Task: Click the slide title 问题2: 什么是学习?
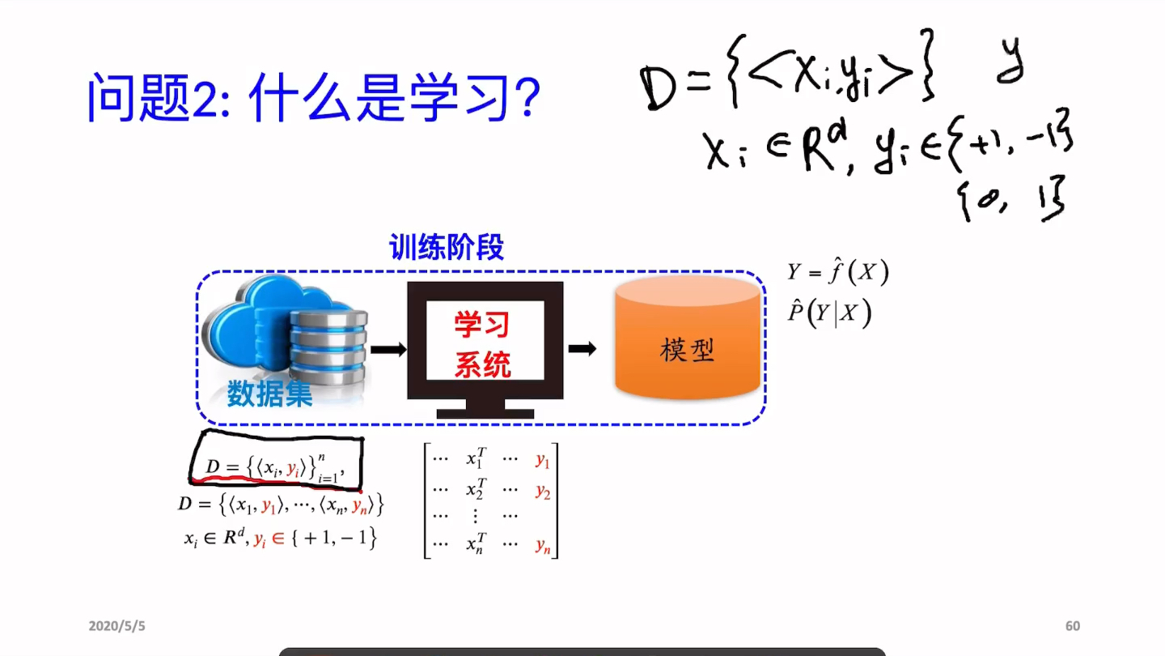[x=313, y=99]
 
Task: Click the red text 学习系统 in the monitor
[x=482, y=346]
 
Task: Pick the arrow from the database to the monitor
[x=388, y=349]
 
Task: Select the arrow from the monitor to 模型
[x=582, y=348]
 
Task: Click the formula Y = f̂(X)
[x=838, y=272]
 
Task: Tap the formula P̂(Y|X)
[x=829, y=313]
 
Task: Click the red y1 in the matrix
[x=542, y=461]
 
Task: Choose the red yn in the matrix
[x=542, y=546]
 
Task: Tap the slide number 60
[x=1072, y=626]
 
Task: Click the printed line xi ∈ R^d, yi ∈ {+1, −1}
[x=280, y=538]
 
